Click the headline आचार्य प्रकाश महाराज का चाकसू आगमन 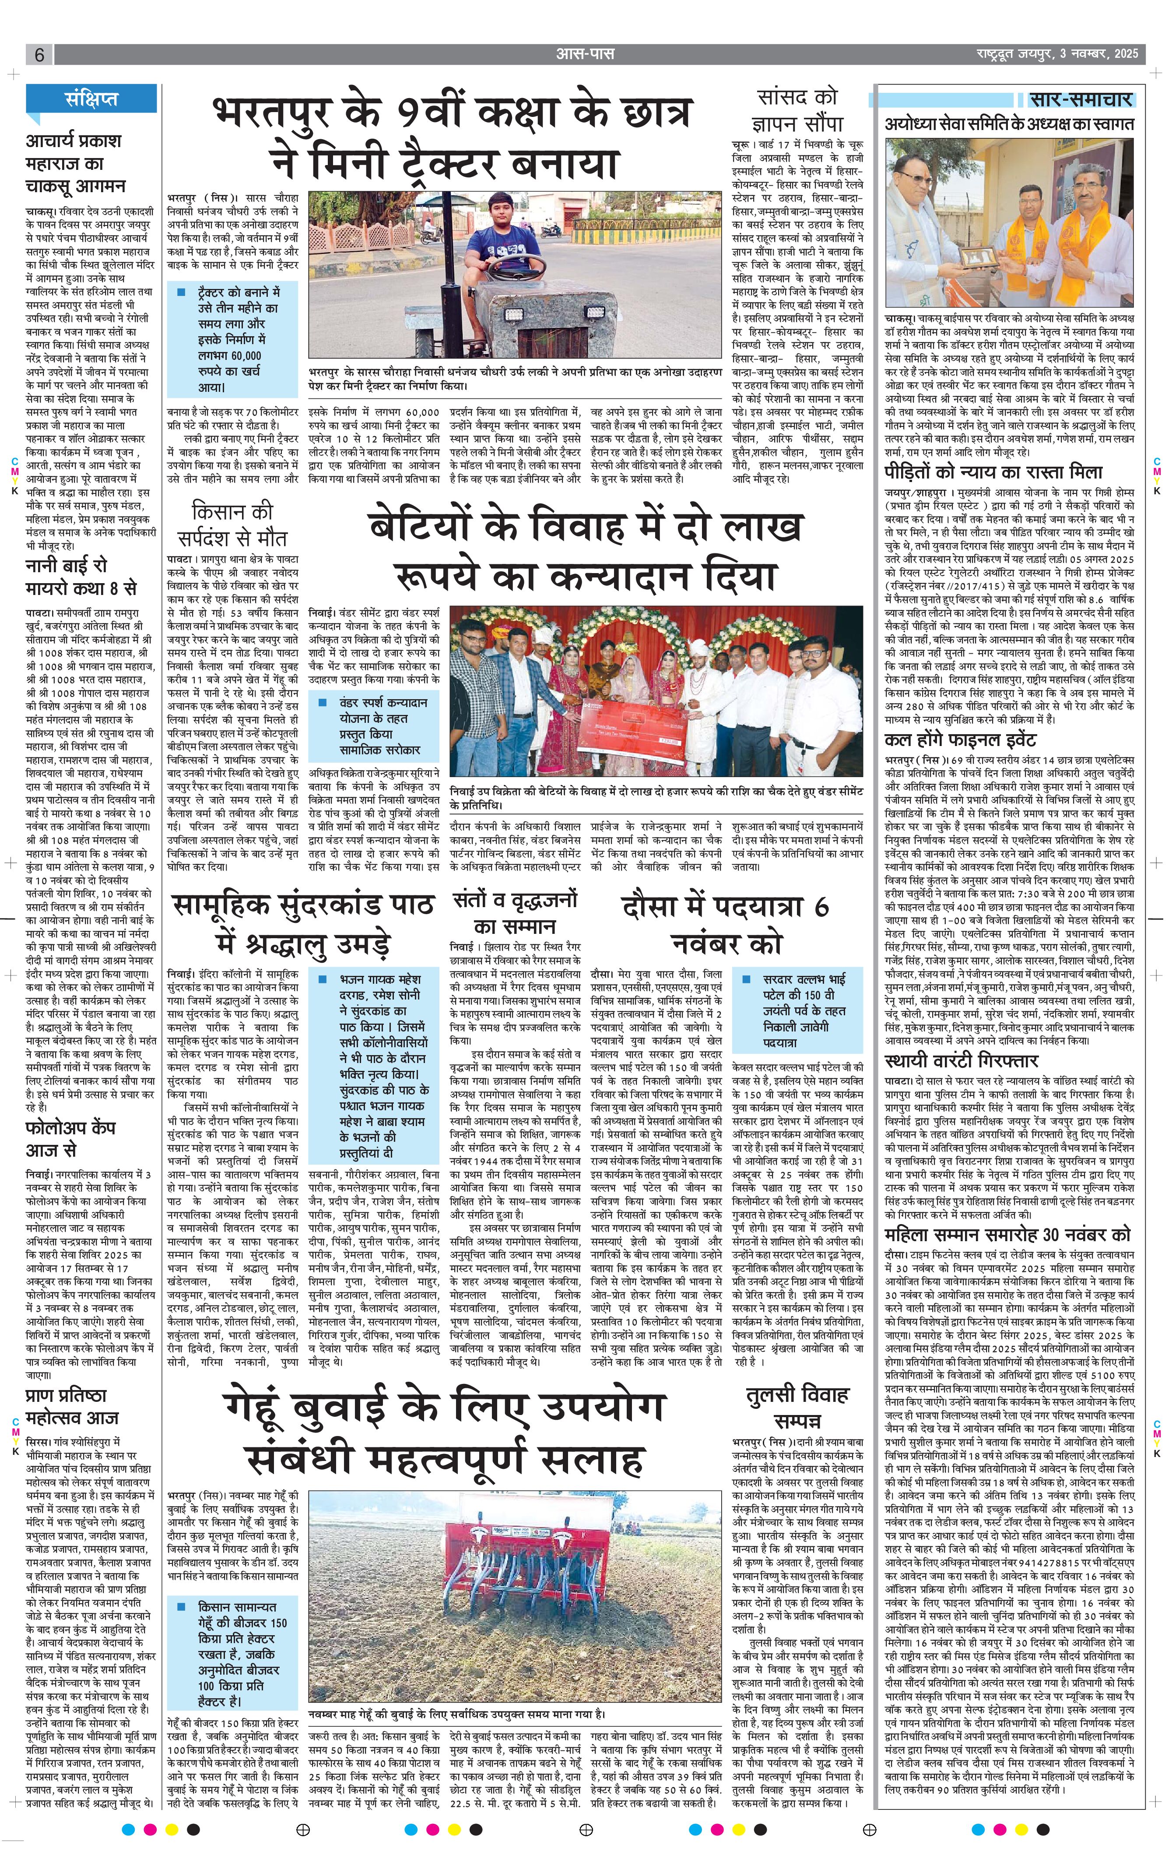(x=75, y=164)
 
